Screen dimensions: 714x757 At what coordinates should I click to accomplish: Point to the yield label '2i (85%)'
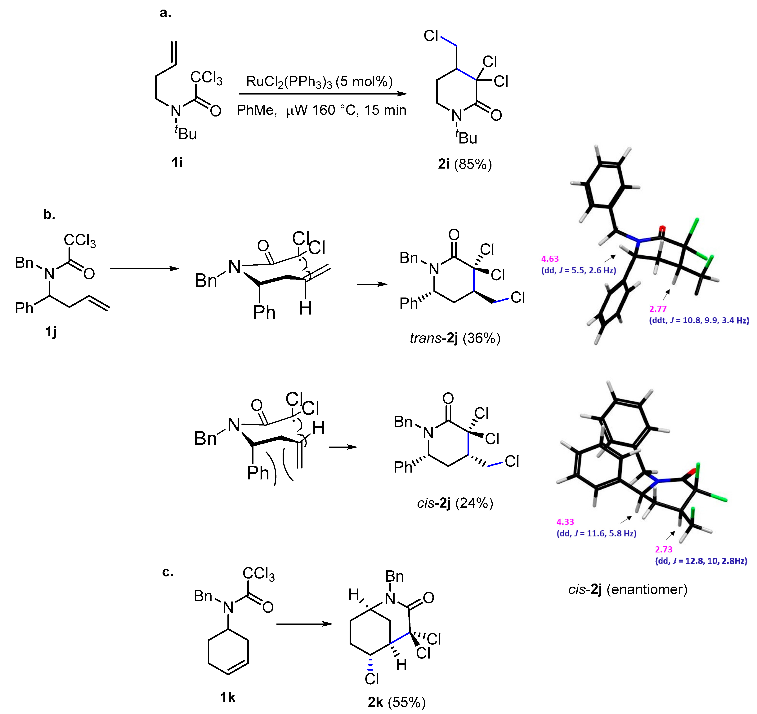464,164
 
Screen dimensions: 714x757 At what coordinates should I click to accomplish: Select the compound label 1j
51,332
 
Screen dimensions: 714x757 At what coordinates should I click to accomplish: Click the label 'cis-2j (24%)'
455,503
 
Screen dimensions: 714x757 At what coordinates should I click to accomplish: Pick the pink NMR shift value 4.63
550,259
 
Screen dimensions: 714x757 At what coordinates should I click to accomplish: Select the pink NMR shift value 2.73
664,549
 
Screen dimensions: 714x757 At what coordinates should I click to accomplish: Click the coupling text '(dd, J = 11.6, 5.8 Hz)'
596,533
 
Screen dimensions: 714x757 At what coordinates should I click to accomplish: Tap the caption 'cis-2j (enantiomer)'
628,589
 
